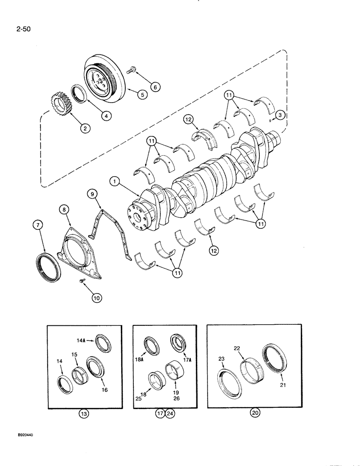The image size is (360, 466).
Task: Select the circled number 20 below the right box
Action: click(255, 413)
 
